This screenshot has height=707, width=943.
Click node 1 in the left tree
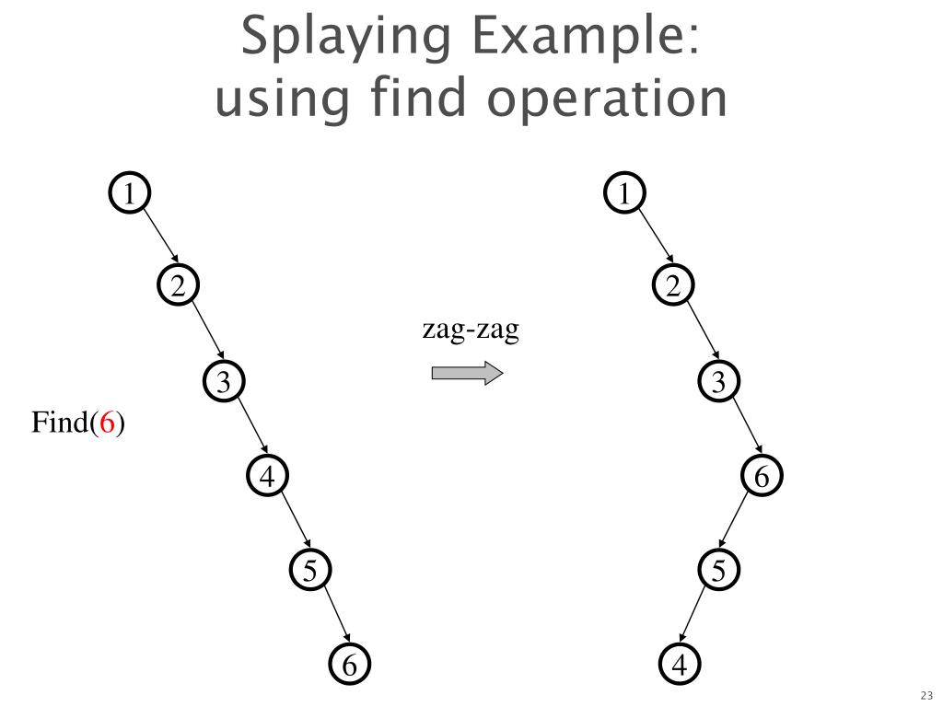click(x=131, y=194)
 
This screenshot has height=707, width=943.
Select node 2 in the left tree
click(x=177, y=286)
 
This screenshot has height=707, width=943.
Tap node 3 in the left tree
click(x=223, y=381)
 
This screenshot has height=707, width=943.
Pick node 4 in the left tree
click(x=267, y=477)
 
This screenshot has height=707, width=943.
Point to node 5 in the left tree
click(x=311, y=571)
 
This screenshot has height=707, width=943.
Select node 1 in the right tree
click(x=626, y=194)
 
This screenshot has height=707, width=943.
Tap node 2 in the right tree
click(x=673, y=286)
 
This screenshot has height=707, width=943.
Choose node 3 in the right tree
click(x=718, y=381)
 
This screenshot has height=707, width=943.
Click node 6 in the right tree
click(x=762, y=477)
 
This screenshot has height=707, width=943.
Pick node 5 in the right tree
click(x=718, y=571)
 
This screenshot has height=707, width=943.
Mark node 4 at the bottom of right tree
click(x=680, y=665)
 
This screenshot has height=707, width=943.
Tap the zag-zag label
click(x=471, y=330)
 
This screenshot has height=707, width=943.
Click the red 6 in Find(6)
click(x=108, y=423)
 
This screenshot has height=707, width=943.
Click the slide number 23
click(x=926, y=695)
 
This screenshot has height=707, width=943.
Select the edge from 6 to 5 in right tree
click(x=739, y=524)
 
